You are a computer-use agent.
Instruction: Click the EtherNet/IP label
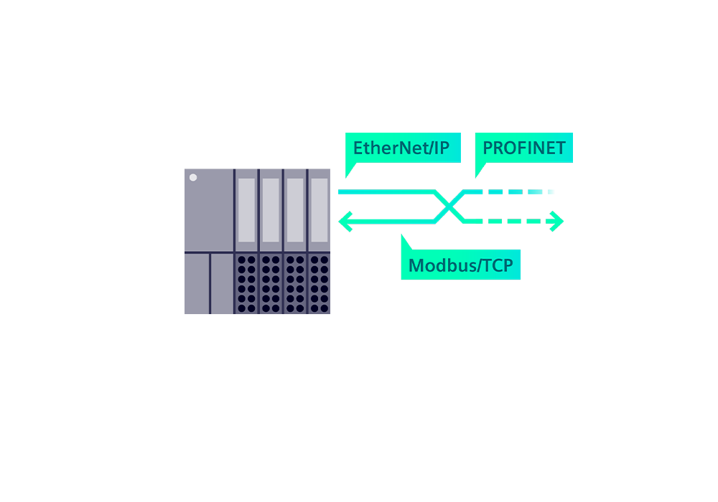[x=401, y=148]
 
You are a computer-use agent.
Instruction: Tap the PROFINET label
[x=523, y=148]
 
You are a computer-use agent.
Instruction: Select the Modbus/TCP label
[x=460, y=266]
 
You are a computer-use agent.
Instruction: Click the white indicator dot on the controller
[x=192, y=176]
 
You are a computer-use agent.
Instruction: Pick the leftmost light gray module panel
[x=246, y=210]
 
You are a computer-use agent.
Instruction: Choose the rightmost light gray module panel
[x=320, y=210]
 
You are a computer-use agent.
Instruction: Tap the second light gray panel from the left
[x=271, y=210]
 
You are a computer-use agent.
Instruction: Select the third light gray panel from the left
[x=295, y=210]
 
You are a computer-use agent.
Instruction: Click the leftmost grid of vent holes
[x=246, y=283]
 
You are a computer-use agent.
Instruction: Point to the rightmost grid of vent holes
[x=320, y=283]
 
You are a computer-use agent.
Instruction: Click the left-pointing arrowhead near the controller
[x=343, y=219]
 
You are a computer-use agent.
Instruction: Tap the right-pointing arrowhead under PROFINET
[x=558, y=219]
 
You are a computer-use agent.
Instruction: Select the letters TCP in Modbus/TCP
[x=497, y=266]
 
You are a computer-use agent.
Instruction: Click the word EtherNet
[x=388, y=148]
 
